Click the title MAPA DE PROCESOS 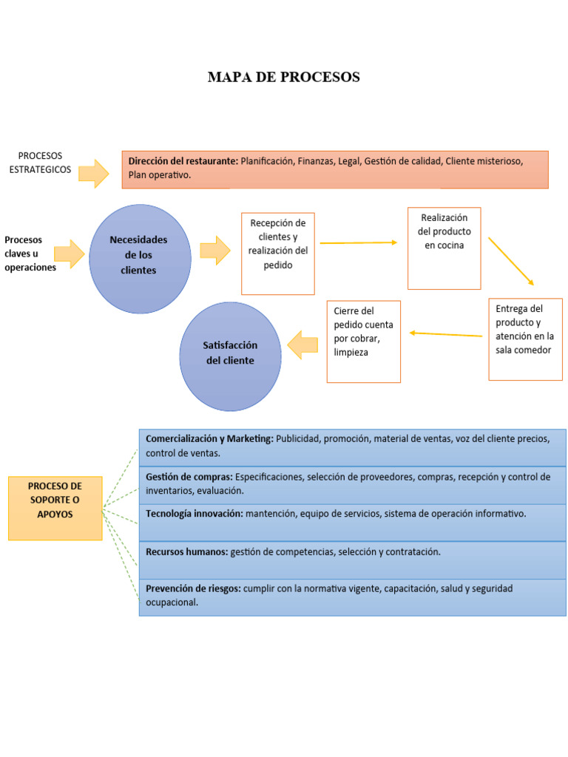(283, 78)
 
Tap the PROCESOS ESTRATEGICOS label (41, 163)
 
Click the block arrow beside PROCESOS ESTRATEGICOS (93, 173)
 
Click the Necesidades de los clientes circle (139, 256)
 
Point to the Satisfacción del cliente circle (230, 354)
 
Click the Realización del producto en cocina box (444, 248)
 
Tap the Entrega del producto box (525, 339)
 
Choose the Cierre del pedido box (364, 341)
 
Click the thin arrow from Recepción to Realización (359, 242)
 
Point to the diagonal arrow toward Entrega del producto (511, 261)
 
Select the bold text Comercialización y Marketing (209, 438)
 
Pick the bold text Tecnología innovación (194, 513)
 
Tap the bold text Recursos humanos (186, 551)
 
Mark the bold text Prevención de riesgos (192, 588)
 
